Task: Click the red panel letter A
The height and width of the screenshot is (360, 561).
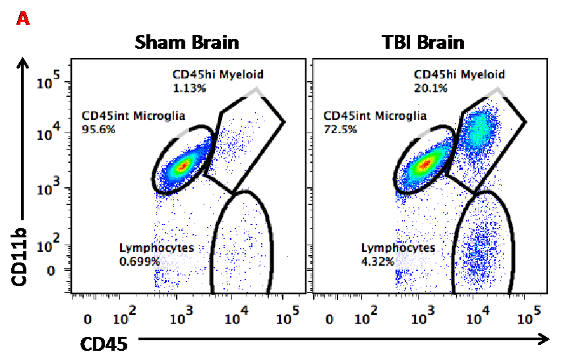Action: click(23, 19)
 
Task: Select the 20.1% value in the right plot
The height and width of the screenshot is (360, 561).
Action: click(431, 88)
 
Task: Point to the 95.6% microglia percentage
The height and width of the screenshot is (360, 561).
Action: click(99, 129)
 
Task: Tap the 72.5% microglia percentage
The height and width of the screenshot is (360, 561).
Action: click(341, 129)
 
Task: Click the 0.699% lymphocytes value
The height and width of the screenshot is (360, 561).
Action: click(139, 261)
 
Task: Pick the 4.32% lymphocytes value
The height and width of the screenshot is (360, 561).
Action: click(378, 261)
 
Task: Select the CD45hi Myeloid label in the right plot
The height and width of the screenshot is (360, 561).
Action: click(459, 75)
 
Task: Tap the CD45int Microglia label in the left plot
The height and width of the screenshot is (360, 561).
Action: click(134, 116)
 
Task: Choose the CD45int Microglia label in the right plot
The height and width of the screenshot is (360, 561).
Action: click(375, 116)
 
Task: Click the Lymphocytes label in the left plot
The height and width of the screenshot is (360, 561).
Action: click(156, 248)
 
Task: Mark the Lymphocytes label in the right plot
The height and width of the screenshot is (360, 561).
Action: click(398, 248)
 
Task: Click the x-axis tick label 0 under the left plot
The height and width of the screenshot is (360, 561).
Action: click(88, 320)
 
